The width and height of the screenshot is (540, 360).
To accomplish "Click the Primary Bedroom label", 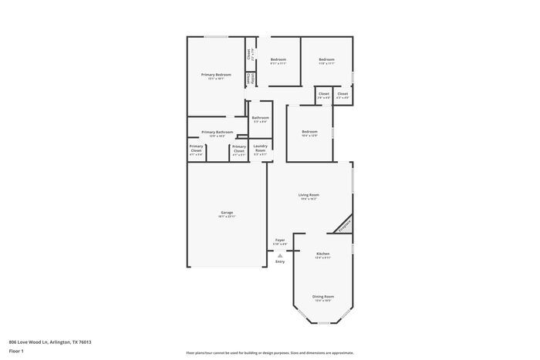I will tap(216, 75).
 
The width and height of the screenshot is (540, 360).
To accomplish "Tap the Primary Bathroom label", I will tap(217, 132).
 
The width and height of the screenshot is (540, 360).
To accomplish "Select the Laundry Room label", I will tap(260, 148).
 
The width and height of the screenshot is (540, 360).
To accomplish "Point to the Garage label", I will tap(227, 213).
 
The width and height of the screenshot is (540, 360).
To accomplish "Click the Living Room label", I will tap(309, 195).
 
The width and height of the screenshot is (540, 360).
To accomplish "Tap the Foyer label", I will tap(280, 240).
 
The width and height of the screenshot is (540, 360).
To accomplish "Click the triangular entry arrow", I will tap(280, 254).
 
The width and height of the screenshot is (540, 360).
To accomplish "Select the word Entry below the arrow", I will tap(280, 261).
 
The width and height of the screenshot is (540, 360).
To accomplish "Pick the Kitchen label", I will tap(323, 254).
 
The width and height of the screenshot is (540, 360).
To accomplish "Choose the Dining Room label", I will tap(323, 296).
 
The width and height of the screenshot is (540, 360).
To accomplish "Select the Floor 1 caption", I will tap(17, 351).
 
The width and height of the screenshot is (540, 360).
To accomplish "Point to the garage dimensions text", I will tap(227, 217).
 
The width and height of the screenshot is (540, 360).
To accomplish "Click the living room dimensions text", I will tap(309, 200).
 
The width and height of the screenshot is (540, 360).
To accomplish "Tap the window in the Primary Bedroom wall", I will tap(215, 37).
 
